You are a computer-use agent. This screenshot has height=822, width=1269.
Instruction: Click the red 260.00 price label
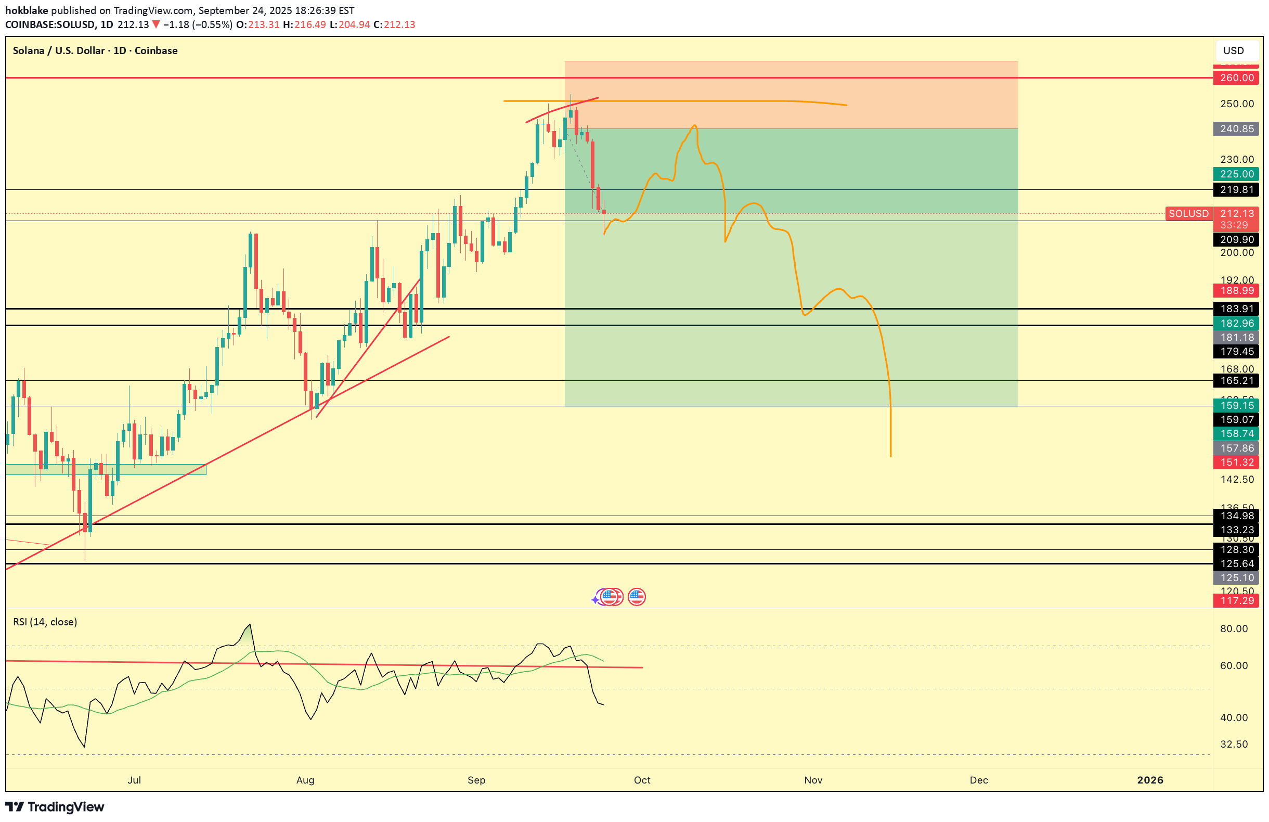click(1236, 78)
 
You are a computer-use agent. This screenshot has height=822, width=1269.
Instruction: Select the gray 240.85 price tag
click(1236, 129)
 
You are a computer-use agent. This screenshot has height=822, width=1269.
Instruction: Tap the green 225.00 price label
click(1236, 174)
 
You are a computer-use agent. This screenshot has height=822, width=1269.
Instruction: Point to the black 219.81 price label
click(1236, 190)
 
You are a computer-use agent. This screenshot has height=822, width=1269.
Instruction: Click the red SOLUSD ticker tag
click(1188, 214)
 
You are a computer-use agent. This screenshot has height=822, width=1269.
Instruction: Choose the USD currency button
click(1233, 50)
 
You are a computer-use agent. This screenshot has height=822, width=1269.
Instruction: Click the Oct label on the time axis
click(642, 780)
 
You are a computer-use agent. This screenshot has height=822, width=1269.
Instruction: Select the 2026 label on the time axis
click(1149, 780)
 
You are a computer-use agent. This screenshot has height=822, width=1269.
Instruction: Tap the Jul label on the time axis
click(134, 780)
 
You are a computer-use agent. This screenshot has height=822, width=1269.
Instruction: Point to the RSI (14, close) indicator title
click(45, 622)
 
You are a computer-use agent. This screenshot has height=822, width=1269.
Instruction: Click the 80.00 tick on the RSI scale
click(1234, 629)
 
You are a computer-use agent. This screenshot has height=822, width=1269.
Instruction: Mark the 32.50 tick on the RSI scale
click(1234, 744)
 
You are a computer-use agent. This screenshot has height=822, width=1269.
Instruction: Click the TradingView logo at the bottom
click(55, 807)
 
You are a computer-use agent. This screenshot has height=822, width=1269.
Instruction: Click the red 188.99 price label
click(1236, 291)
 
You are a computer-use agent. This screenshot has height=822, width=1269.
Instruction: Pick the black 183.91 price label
click(1236, 309)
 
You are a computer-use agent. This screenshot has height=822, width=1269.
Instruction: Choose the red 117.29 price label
click(1236, 600)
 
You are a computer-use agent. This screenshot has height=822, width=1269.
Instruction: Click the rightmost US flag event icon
click(637, 597)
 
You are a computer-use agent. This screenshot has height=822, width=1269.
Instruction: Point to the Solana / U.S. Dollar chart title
click(95, 50)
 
